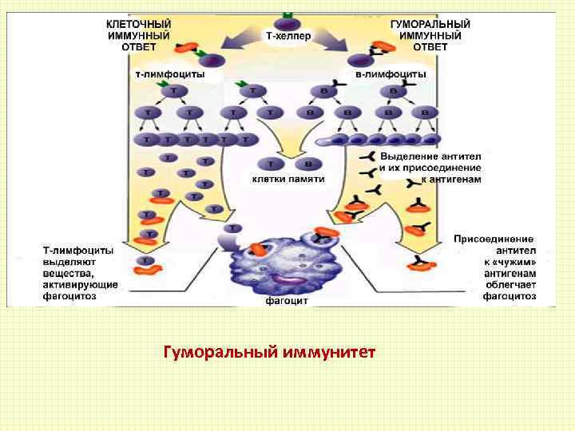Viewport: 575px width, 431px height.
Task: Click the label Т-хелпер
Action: pyautogui.click(x=288, y=36)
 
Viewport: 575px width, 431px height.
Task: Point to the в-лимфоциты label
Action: pyautogui.click(x=391, y=73)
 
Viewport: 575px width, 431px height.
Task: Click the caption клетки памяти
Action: pyautogui.click(x=288, y=179)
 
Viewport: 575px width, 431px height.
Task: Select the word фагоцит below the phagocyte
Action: pyautogui.click(x=287, y=302)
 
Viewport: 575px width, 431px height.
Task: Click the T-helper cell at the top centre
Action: pyautogui.click(x=287, y=22)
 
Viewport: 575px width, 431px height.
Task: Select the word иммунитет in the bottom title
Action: pyautogui.click(x=327, y=351)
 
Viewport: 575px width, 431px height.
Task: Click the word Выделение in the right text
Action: pyautogui.click(x=404, y=156)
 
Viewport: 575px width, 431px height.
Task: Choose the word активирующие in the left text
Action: pyautogui.click(x=81, y=284)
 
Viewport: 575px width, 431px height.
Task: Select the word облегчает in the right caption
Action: pyautogui.click(x=510, y=284)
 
